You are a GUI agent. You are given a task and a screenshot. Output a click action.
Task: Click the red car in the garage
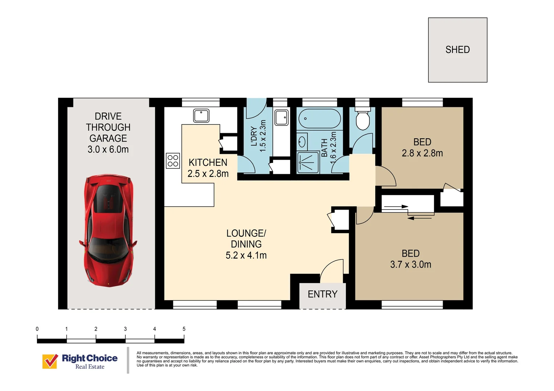coord(108,231)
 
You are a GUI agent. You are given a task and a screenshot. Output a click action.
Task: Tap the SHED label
coord(458,50)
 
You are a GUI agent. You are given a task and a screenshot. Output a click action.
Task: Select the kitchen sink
coord(201,115)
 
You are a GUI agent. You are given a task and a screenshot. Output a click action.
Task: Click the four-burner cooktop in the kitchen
coord(173,161)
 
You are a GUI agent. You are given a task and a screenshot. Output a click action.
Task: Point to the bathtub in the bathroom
coord(319,119)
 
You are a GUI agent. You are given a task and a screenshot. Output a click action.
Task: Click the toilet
coord(362,118)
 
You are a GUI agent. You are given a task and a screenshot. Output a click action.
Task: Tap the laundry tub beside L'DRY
coord(281,117)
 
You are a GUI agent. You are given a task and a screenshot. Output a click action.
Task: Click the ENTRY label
coord(322,294)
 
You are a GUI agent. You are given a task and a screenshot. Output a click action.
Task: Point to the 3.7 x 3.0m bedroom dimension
coord(410,265)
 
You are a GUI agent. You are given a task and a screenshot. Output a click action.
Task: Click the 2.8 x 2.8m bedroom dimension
coord(422,153)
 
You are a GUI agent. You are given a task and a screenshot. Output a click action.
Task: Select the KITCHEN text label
coord(208,163)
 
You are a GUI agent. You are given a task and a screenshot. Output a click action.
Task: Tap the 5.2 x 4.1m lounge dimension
coord(246,255)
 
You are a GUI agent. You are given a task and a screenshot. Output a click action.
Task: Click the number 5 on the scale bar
coord(184,329)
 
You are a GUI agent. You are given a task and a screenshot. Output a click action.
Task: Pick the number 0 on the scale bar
coord(37,329)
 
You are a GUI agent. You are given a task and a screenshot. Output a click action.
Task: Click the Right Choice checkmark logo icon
coord(50,361)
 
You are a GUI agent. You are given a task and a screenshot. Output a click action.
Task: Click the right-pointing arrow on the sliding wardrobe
coord(396,207)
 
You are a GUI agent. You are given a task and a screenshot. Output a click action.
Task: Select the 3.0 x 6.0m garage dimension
coord(108,150)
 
